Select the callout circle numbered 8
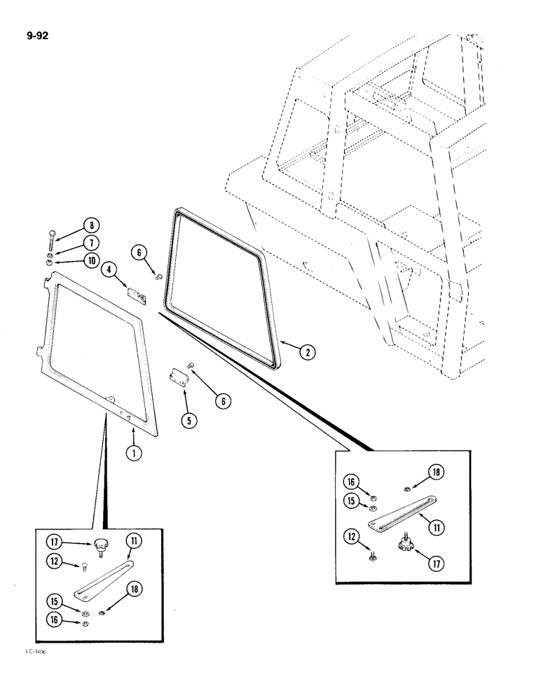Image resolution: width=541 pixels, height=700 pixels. [x=90, y=226]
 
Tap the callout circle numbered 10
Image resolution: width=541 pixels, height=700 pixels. [x=90, y=261]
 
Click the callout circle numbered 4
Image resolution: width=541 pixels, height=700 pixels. [x=109, y=269]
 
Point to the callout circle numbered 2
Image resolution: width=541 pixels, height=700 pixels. [x=306, y=352]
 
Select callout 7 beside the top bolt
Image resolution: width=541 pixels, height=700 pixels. [x=90, y=243]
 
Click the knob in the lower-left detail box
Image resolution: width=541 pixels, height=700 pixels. [x=103, y=546]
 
